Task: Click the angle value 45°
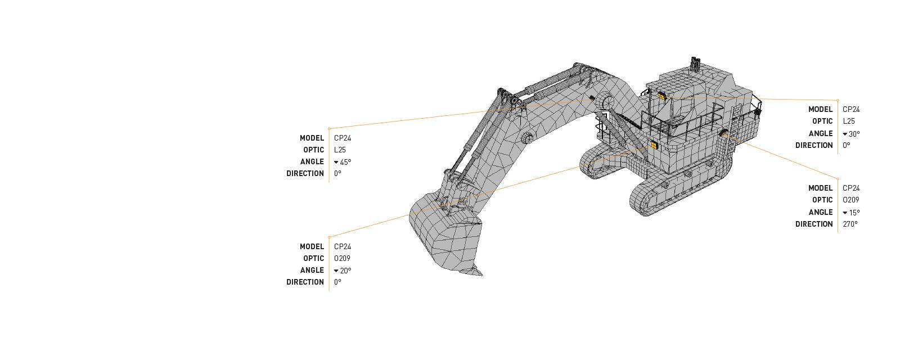[345, 162]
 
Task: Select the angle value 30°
[854, 134]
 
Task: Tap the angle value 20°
[345, 271]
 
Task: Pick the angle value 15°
[854, 213]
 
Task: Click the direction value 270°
[850, 224]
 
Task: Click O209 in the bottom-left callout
[342, 258]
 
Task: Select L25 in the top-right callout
[848, 121]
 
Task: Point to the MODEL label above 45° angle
[312, 138]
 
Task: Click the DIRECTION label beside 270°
[813, 224]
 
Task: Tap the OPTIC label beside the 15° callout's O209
[822, 200]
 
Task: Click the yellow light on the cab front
[654, 145]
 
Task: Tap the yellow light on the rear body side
[724, 133]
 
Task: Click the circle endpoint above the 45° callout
[329, 129]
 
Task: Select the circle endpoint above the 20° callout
[329, 237]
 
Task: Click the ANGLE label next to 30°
[820, 133]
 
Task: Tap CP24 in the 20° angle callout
[342, 246]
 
